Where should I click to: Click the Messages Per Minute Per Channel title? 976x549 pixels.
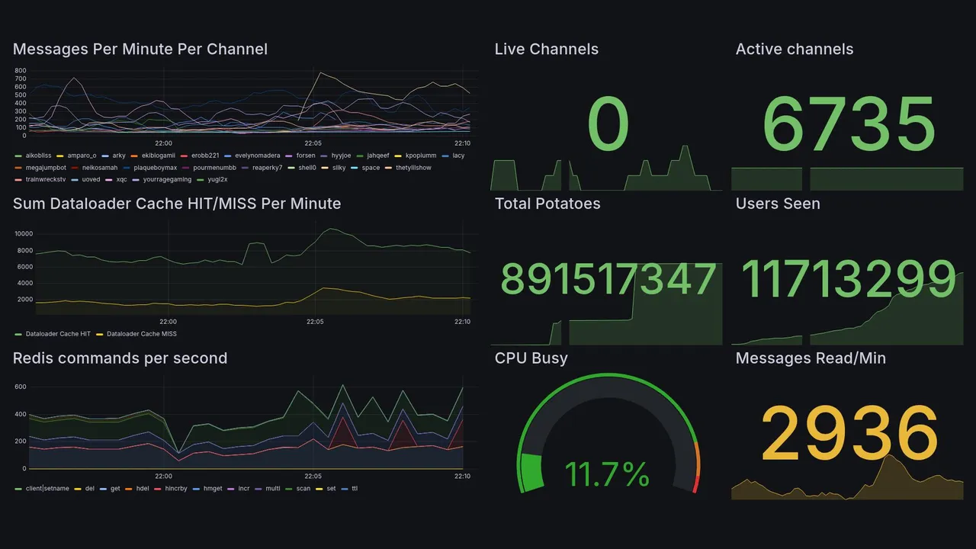pos(140,50)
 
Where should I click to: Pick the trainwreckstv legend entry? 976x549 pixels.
pos(46,180)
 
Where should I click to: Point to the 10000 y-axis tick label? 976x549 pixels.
pos(23,234)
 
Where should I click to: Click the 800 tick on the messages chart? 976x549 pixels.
pos(21,70)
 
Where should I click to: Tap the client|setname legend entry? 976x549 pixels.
pos(47,488)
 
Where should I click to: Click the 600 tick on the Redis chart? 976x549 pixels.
pos(21,387)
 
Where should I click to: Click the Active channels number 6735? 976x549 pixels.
pos(849,124)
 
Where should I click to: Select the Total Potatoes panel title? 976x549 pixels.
pos(547,204)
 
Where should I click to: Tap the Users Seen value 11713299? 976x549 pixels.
pos(848,279)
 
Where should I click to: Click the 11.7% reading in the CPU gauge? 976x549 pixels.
pos(607,474)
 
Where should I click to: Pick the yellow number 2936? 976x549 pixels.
pos(849,433)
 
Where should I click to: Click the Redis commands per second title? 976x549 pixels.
pos(120,358)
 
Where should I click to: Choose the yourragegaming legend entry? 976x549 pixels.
pos(164,180)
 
